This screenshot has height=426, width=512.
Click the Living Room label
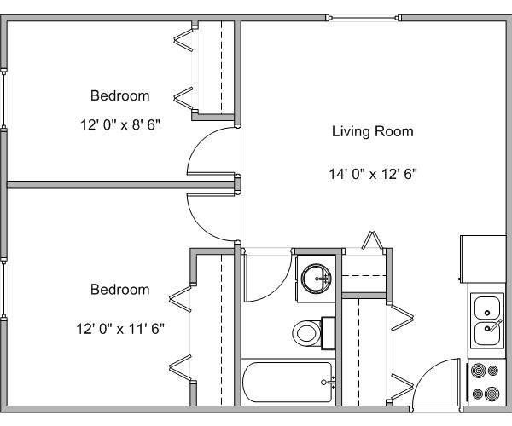(372, 131)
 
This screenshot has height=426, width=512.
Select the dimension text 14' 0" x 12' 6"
(373, 174)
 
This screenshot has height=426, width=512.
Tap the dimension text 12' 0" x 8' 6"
(119, 124)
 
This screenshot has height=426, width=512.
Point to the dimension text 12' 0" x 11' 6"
(119, 326)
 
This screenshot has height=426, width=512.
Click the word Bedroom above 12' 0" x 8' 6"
(119, 95)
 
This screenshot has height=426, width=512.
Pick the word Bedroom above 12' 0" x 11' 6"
(119, 290)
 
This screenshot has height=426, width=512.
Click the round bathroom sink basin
(316, 278)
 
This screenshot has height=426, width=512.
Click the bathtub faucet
(331, 381)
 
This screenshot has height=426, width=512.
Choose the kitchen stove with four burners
(486, 383)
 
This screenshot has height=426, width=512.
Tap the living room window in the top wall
(364, 16)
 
